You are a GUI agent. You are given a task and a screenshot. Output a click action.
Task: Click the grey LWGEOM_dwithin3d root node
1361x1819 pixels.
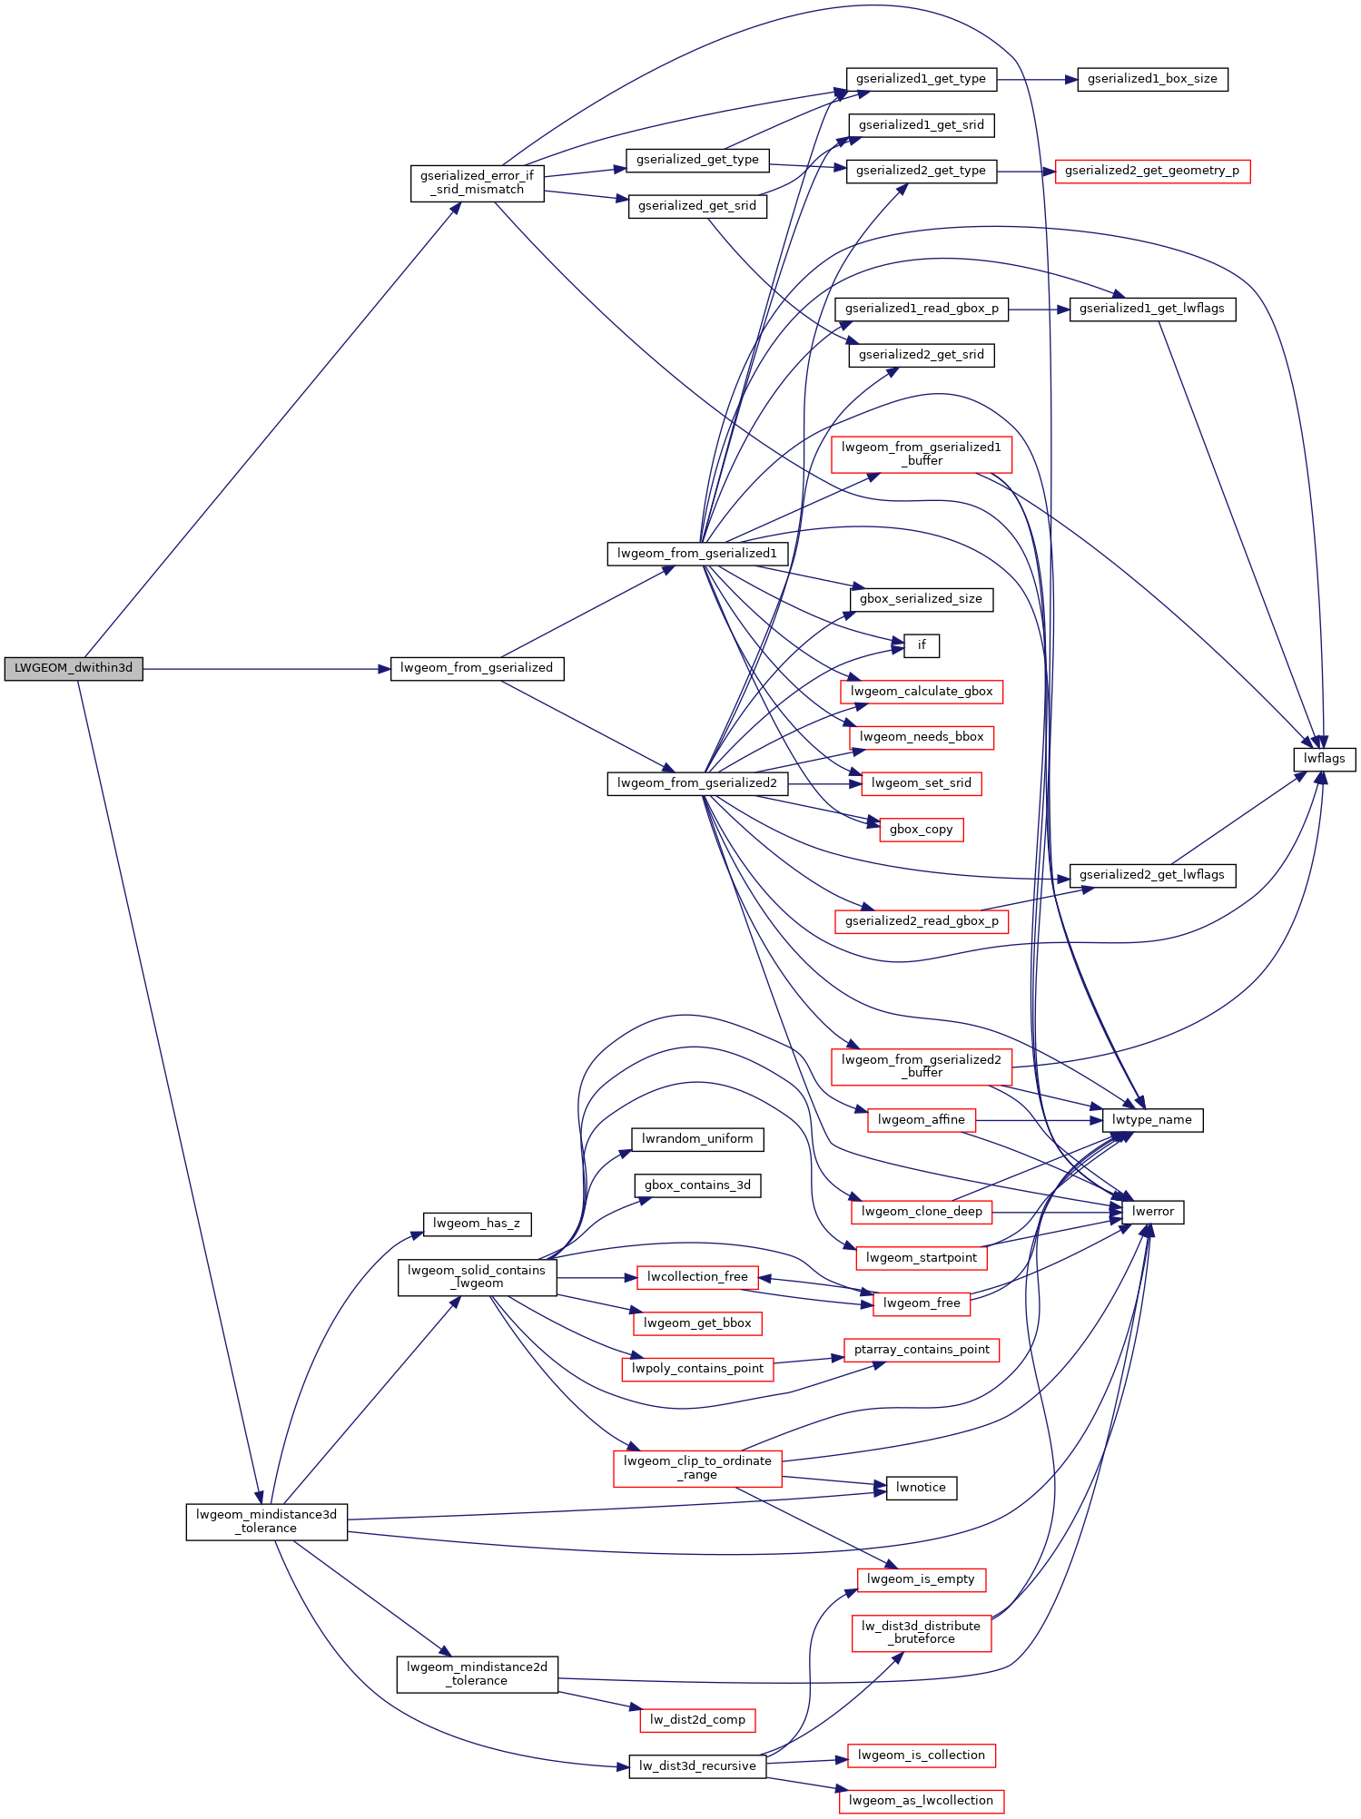tap(74, 668)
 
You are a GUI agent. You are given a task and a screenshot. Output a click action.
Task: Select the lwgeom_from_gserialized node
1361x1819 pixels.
tap(477, 668)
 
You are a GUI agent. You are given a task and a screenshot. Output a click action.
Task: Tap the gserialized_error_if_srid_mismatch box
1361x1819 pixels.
tap(477, 182)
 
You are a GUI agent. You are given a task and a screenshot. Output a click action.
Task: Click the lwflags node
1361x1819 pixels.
tap(1324, 759)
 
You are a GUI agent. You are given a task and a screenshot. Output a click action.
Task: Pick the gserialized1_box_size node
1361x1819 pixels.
tap(1152, 79)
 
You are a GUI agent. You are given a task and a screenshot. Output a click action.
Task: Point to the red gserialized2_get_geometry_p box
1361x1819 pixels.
tap(1152, 171)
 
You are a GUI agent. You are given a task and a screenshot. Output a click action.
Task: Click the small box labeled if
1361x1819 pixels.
tap(922, 645)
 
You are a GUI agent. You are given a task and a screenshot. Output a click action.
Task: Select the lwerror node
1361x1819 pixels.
tap(1153, 1212)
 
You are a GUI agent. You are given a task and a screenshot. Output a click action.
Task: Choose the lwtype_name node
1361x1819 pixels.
tap(1152, 1120)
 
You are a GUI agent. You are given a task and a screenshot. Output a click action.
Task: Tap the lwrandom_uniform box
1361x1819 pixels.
tap(697, 1139)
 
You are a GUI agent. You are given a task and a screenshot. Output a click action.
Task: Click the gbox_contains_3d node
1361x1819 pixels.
tap(697, 1185)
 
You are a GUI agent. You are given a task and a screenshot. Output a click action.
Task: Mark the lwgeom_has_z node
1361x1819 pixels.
tap(477, 1224)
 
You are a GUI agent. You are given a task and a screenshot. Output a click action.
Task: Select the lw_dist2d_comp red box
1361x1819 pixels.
tap(697, 1720)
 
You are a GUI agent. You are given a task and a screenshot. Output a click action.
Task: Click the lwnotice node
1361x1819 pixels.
tap(922, 1488)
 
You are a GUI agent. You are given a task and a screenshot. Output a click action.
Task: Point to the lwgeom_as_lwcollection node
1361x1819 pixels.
tap(922, 1801)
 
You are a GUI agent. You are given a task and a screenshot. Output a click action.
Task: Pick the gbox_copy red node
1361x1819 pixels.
tap(922, 830)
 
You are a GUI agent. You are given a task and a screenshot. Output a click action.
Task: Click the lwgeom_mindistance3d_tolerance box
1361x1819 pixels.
tap(267, 1521)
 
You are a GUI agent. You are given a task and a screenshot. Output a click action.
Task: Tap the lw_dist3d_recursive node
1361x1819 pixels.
tap(697, 1766)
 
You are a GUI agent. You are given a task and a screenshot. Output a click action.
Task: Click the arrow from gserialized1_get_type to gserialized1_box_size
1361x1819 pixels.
tap(1037, 80)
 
